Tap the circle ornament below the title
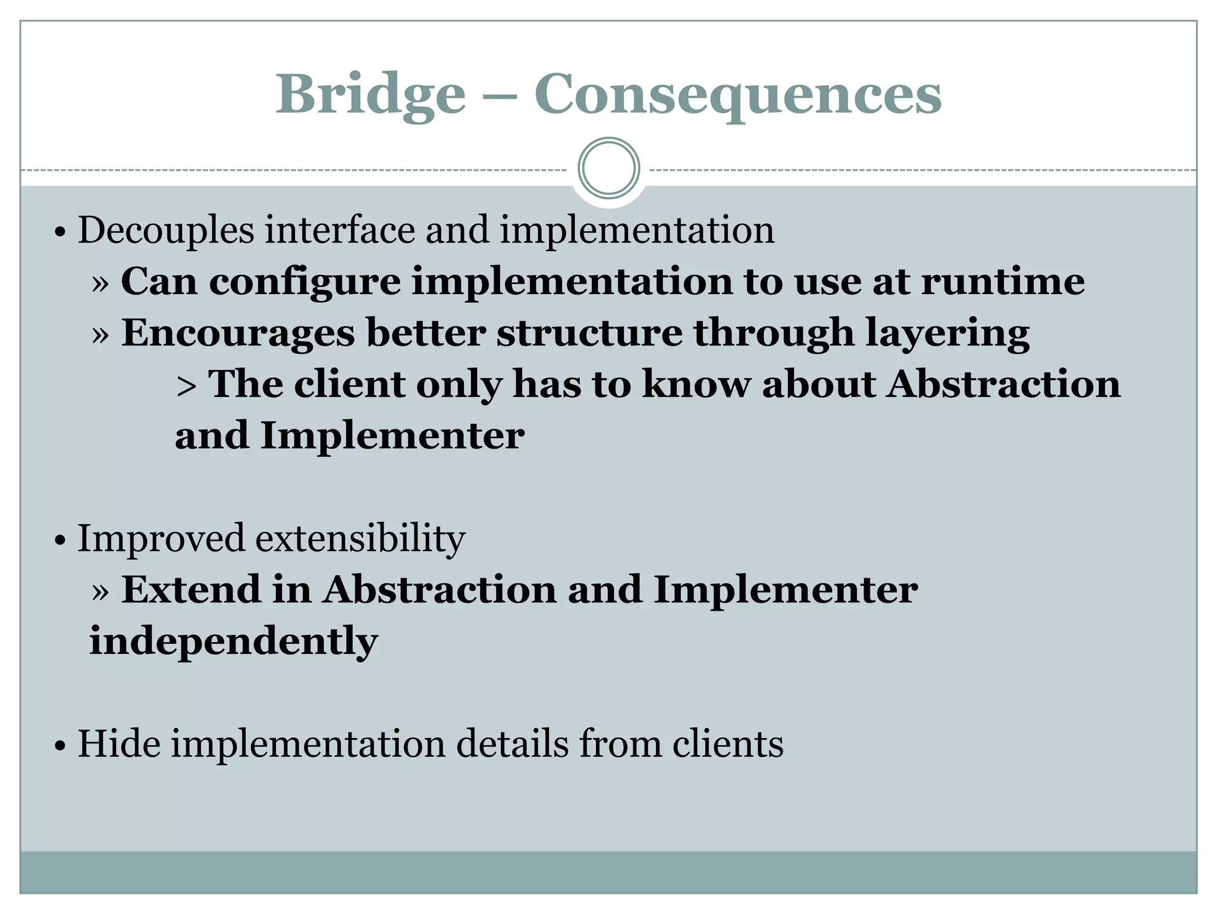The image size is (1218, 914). [608, 168]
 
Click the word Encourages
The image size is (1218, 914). [238, 333]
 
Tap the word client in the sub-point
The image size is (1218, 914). [349, 384]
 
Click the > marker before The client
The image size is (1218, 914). [186, 386]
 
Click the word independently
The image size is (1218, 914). [234, 641]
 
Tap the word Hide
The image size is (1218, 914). [119, 744]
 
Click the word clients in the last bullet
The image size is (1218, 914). [728, 744]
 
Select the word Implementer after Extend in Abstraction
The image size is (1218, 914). [785, 591]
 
